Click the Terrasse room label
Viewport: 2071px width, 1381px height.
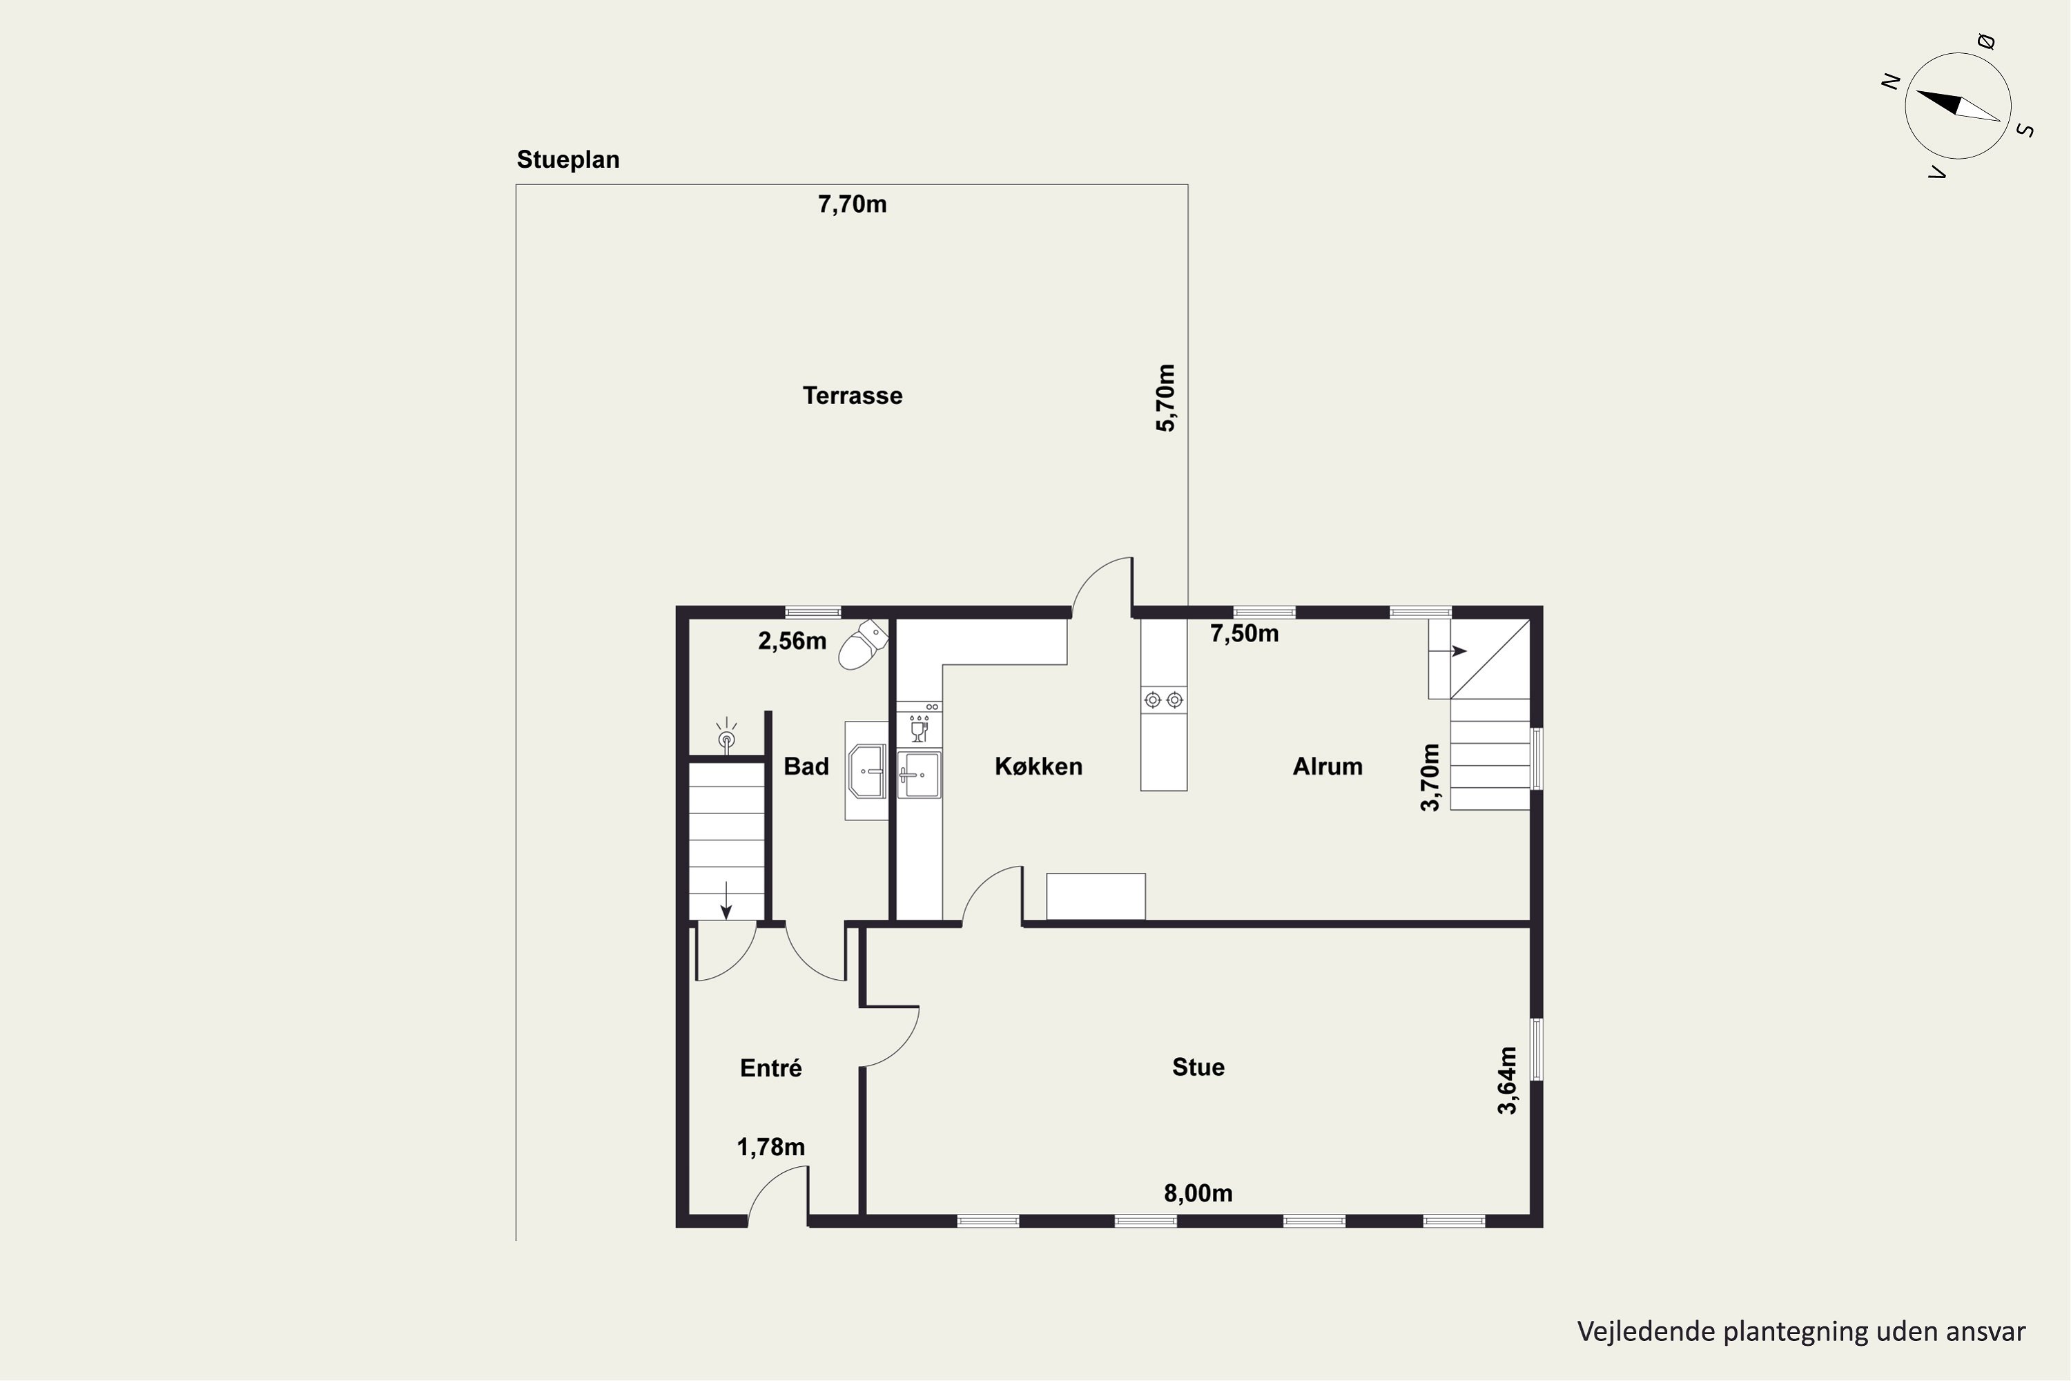pyautogui.click(x=853, y=396)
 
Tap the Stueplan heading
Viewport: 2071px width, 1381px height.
pyautogui.click(x=568, y=160)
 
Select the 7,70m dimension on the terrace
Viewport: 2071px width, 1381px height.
pyautogui.click(x=853, y=204)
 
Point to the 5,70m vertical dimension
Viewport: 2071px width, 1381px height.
pyautogui.click(x=1165, y=398)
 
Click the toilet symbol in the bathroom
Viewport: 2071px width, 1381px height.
pyautogui.click(x=863, y=645)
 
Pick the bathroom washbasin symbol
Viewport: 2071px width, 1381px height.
pyautogui.click(x=867, y=771)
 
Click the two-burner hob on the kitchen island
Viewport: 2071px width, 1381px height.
pyautogui.click(x=1163, y=700)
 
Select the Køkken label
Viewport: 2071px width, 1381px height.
pyautogui.click(x=1038, y=766)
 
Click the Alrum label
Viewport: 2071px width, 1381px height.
pyautogui.click(x=1327, y=766)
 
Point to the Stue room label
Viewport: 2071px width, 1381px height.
pyautogui.click(x=1198, y=1068)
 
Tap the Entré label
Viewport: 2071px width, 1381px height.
pyautogui.click(x=770, y=1068)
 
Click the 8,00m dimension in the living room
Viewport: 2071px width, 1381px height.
pyautogui.click(x=1198, y=1193)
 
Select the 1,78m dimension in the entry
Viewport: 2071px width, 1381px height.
pyautogui.click(x=770, y=1148)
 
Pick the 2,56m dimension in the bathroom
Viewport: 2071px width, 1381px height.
pyautogui.click(x=792, y=641)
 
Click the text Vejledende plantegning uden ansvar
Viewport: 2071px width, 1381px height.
pyautogui.click(x=1800, y=1332)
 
